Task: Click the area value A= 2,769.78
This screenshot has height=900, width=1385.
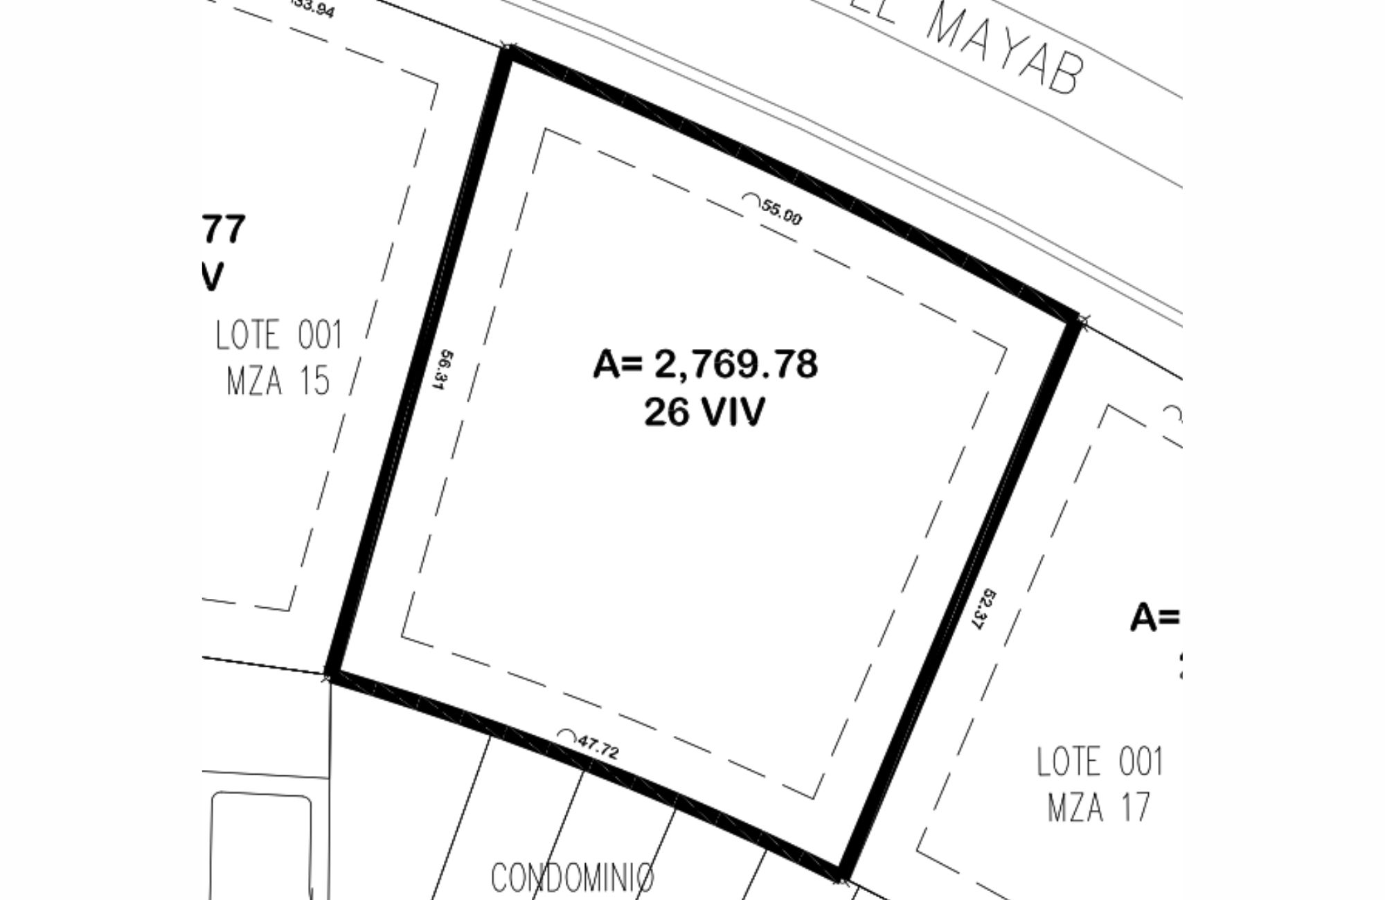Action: (x=705, y=364)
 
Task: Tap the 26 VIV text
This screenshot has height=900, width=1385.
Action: (x=705, y=413)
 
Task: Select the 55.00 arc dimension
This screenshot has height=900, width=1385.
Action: (x=781, y=212)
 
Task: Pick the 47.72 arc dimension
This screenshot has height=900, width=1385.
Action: (x=598, y=747)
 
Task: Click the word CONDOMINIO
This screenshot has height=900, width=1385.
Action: (x=572, y=878)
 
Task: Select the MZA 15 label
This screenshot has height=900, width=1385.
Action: (x=278, y=381)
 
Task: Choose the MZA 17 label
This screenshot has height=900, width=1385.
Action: (x=1099, y=807)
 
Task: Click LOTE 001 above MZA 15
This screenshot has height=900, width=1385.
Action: (x=279, y=335)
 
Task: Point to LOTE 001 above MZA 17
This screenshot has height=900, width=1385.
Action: (x=1100, y=762)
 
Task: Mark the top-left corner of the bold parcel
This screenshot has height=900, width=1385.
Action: (x=509, y=50)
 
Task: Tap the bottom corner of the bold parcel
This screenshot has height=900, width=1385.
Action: (x=841, y=877)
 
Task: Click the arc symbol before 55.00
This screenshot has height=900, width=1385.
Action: (x=751, y=199)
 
